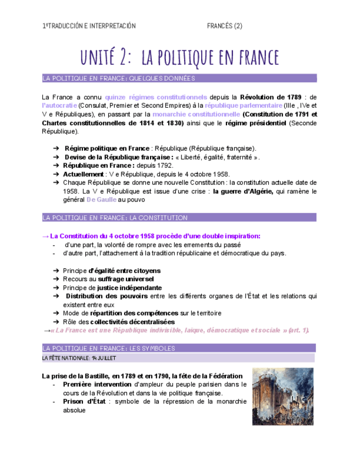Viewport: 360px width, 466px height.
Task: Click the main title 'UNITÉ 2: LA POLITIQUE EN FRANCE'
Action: click(x=180, y=57)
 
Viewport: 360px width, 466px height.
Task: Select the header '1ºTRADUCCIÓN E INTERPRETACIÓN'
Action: click(x=89, y=26)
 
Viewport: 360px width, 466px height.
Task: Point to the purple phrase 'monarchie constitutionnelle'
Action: click(x=196, y=114)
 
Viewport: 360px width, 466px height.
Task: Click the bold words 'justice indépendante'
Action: click(x=129, y=287)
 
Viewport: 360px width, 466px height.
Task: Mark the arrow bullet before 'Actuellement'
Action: click(x=57, y=174)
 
